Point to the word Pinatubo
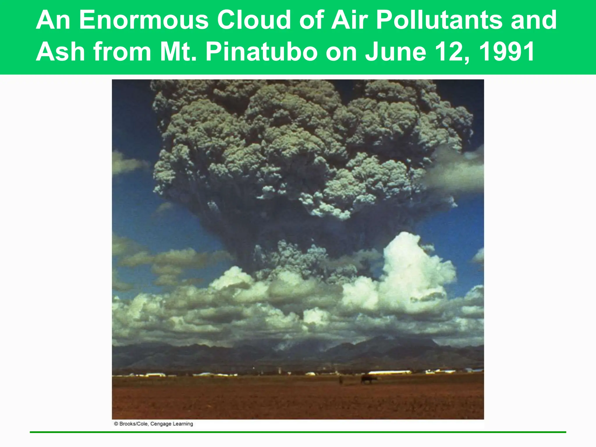click(x=261, y=52)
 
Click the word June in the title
click(x=395, y=52)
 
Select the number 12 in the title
click(x=451, y=52)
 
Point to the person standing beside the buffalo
click(x=341, y=379)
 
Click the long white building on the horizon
click(x=389, y=372)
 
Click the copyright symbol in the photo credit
click(x=116, y=424)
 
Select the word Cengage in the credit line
click(x=161, y=424)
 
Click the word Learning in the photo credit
click(x=183, y=424)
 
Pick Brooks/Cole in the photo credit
click(x=134, y=424)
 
